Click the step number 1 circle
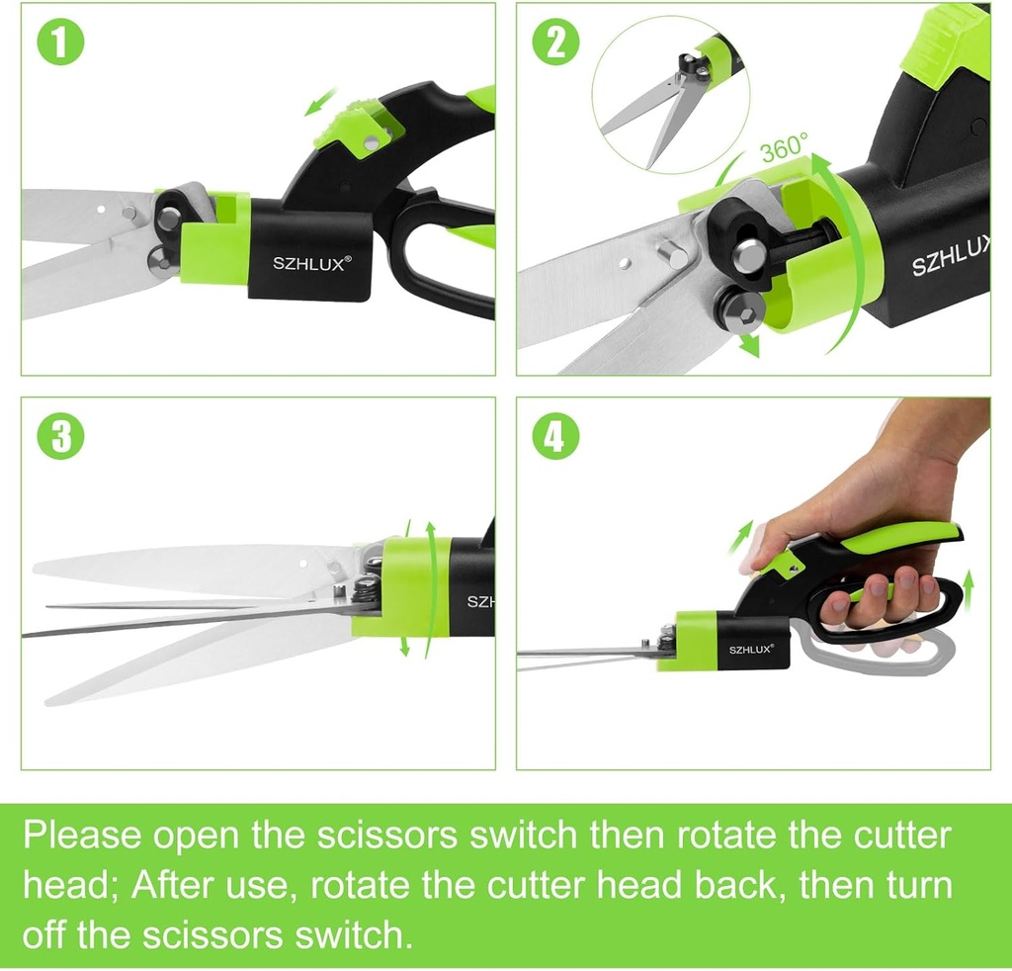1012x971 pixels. (x=61, y=44)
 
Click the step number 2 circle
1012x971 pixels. (x=555, y=44)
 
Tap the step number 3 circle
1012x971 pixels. (x=61, y=437)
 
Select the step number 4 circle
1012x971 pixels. (x=555, y=437)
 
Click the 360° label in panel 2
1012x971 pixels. (x=784, y=151)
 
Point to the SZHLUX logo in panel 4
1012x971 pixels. (x=751, y=650)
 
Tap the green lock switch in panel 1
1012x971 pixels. (x=358, y=126)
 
